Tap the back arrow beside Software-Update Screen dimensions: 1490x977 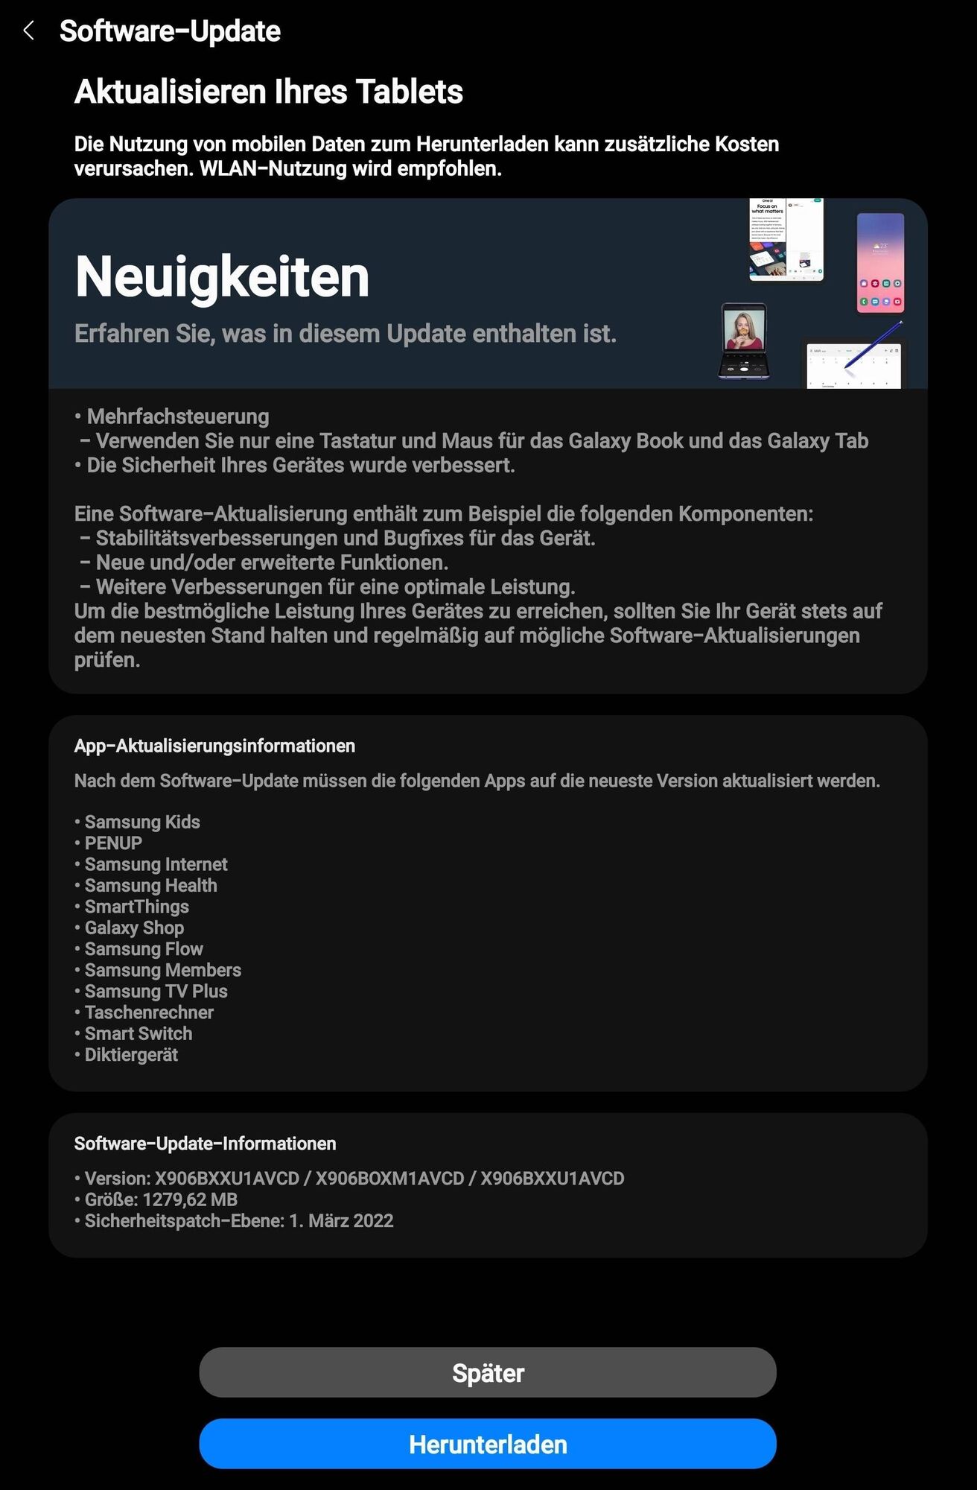29,31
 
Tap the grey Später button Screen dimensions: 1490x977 488,1372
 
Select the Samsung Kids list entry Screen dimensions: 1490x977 141,822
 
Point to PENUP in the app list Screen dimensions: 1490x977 113,843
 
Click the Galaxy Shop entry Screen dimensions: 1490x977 134,928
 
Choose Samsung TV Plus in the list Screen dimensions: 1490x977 156,991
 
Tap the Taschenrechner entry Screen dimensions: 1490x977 149,1012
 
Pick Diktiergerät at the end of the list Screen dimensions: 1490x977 131,1055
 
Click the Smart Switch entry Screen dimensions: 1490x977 139,1033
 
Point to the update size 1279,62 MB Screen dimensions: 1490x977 190,1199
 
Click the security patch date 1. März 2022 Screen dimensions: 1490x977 341,1220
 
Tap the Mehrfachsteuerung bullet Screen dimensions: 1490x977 177,416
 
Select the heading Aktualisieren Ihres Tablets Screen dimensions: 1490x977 269,92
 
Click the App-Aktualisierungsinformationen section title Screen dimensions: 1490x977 214,746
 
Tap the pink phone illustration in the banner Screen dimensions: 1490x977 880,262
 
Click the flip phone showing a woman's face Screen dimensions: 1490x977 743,340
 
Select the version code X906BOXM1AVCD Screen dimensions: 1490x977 389,1179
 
